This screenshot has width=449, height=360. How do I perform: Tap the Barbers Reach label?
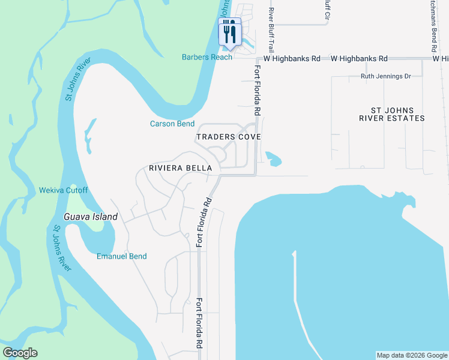point(207,57)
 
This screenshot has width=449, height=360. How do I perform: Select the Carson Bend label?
point(172,124)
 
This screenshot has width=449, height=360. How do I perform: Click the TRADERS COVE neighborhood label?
point(229,137)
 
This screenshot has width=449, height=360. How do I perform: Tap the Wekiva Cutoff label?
point(63,190)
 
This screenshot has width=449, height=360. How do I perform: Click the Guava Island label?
point(91,216)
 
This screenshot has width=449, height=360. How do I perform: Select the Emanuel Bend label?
point(122,256)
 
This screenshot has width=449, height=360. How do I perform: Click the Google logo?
point(20,353)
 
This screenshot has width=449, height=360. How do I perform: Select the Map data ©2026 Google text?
point(412,355)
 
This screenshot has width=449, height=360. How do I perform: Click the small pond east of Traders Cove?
point(273,160)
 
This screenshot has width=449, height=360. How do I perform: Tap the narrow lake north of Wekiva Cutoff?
point(90,135)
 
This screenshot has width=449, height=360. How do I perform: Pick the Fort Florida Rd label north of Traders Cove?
point(257,90)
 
